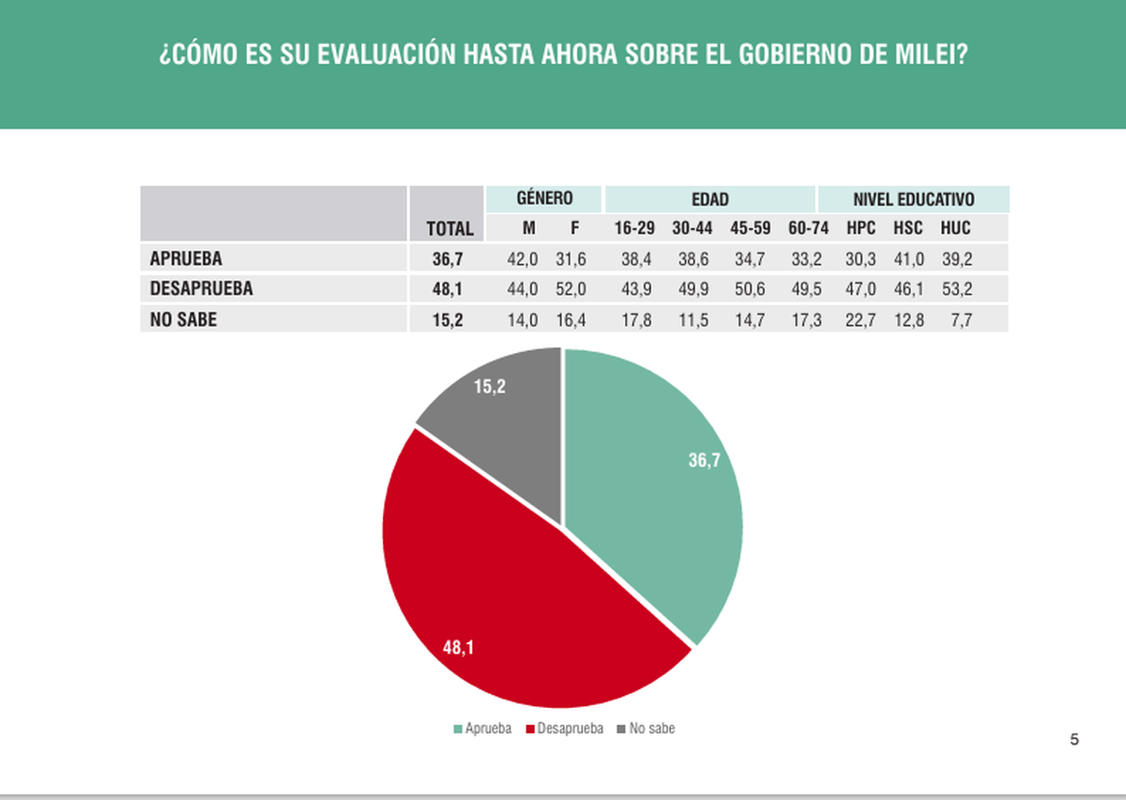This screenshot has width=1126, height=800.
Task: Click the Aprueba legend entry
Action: click(x=482, y=729)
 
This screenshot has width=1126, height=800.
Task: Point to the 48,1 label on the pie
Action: click(x=458, y=646)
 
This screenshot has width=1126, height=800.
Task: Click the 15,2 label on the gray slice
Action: click(x=490, y=386)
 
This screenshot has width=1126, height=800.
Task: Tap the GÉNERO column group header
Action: click(x=544, y=199)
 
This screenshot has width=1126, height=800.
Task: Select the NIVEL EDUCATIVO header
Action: click(x=913, y=199)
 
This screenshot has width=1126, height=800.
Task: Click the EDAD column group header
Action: click(x=710, y=199)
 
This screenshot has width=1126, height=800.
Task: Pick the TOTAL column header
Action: click(x=449, y=228)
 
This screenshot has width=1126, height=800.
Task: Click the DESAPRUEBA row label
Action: click(x=202, y=289)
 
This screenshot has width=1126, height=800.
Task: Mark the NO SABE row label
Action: click(x=183, y=319)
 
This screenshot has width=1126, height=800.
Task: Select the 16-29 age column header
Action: click(x=635, y=228)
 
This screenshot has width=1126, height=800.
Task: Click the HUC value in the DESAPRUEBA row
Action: click(x=956, y=289)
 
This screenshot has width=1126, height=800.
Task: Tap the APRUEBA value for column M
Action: click(x=522, y=258)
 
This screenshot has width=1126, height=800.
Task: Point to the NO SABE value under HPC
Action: click(x=860, y=320)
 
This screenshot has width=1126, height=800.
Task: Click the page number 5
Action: click(x=1074, y=740)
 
